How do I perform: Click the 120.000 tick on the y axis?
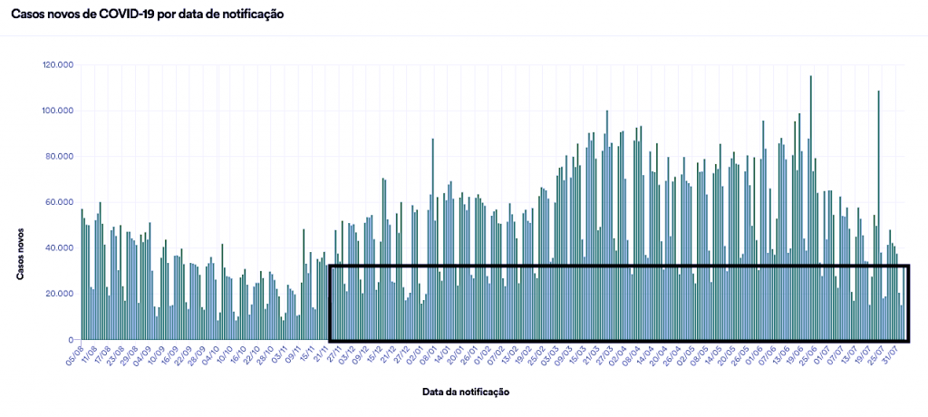[x=57, y=65]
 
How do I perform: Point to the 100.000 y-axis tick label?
[x=57, y=111]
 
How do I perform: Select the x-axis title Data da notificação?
[x=465, y=393]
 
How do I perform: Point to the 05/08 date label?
[x=75, y=354]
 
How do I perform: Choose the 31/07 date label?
[x=896, y=354]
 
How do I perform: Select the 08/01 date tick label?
[x=427, y=354]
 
